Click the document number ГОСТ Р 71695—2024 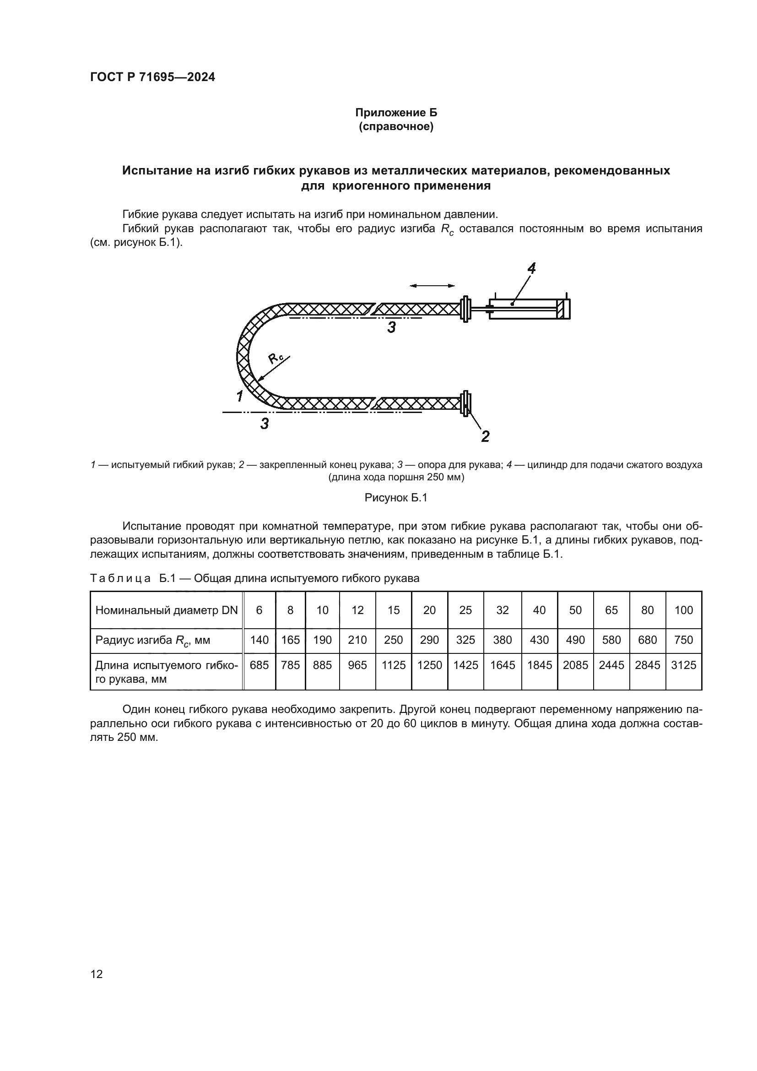coord(152,77)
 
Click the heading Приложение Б coord(396,113)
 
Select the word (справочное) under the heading coord(396,127)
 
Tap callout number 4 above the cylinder coord(531,268)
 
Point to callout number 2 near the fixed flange coord(485,437)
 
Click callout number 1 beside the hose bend coord(239,397)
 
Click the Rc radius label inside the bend coord(276,358)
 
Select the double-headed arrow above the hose coord(432,285)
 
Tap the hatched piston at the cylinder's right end coord(565,309)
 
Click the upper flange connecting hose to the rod coord(465,309)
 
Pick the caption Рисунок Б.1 coord(396,498)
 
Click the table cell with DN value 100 coord(683,610)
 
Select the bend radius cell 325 coord(465,640)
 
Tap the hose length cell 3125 coord(683,665)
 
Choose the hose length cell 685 coord(259,665)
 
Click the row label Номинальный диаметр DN coord(167,610)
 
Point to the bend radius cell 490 coord(575,640)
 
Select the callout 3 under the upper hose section coord(392,328)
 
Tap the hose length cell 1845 coord(539,665)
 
